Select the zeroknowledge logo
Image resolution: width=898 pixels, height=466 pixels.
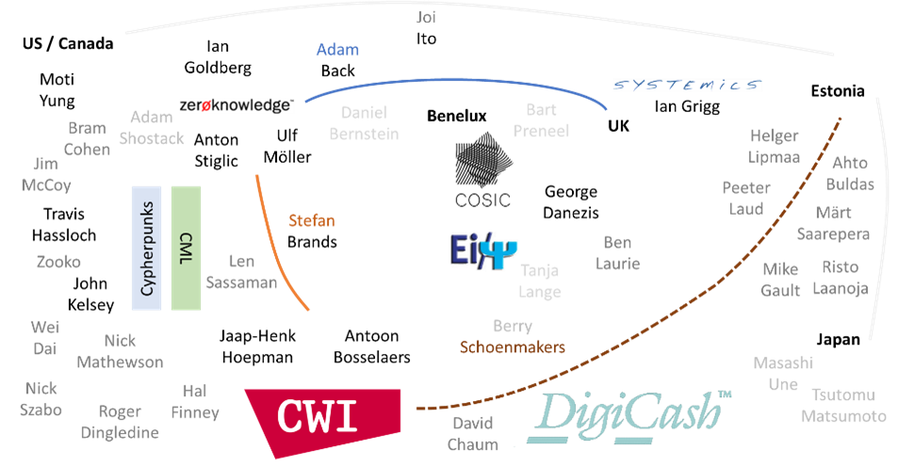(237, 104)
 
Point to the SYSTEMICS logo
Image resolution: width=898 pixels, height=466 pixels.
(687, 85)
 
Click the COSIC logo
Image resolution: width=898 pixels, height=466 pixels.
(482, 174)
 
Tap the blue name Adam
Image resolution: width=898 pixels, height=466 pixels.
(337, 49)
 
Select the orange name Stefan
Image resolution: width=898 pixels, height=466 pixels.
(311, 221)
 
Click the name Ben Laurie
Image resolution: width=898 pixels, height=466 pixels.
(617, 253)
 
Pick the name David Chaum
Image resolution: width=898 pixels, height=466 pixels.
(474, 433)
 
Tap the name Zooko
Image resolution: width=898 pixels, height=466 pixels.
(58, 262)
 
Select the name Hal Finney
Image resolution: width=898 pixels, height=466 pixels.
(195, 401)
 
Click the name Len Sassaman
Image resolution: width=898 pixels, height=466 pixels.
(253, 271)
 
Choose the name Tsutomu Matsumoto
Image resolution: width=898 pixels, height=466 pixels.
(843, 405)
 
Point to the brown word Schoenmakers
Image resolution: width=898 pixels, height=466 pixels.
(512, 347)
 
